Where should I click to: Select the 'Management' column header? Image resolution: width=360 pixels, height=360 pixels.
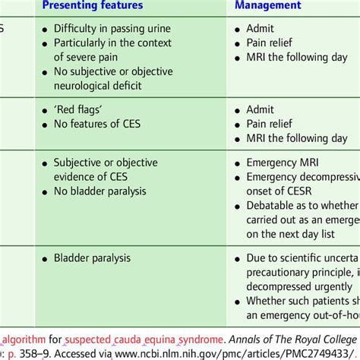[x=267, y=5]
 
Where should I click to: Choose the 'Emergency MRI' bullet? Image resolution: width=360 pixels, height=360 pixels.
[x=285, y=163]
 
